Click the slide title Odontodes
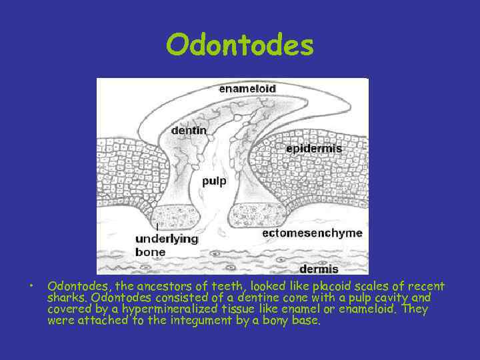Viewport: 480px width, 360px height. point(240,45)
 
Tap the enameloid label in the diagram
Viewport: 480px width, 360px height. point(247,88)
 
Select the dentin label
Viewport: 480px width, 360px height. point(189,131)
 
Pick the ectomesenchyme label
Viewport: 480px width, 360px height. point(312,233)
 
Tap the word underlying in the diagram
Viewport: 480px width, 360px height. point(166,239)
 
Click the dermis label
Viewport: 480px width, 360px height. point(318,269)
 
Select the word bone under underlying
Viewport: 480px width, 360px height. point(150,252)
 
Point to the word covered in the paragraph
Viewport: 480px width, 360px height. point(70,309)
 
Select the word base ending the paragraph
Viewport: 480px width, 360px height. point(307,321)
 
